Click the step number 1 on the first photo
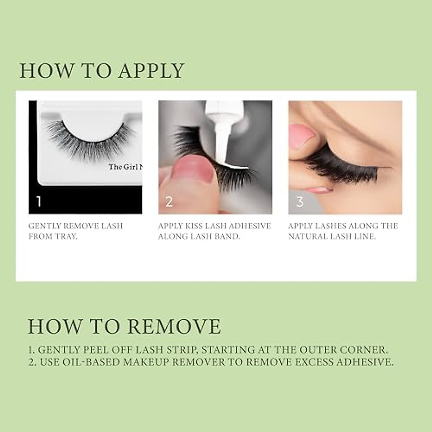39,201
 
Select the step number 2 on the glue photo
169,202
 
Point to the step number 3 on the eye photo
300,202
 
